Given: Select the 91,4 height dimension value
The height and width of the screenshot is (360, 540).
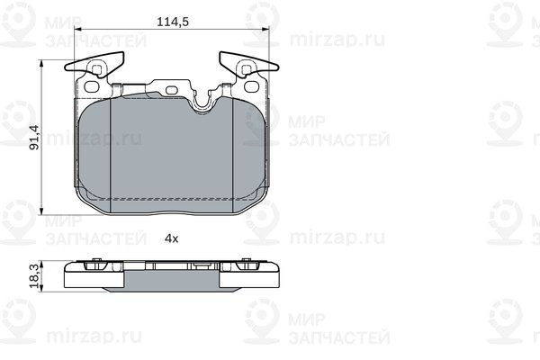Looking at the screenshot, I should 34,140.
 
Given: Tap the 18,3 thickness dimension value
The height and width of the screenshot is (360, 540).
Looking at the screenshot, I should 34,275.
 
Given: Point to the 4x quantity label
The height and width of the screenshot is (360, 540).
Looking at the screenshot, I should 171,238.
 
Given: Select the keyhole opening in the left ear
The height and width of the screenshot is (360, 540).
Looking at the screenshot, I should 96,68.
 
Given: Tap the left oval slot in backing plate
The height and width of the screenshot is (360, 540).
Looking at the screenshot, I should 92,87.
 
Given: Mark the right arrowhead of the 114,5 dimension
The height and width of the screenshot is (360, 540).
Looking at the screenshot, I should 265,31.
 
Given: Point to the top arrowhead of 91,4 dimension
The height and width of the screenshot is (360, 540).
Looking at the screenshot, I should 44,64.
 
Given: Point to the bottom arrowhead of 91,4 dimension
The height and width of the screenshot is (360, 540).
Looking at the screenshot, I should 44,212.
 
